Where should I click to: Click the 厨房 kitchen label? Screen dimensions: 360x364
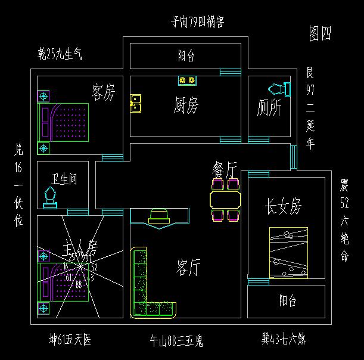186,106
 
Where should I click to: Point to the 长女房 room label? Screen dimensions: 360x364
283,207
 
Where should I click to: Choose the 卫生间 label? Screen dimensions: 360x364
63,179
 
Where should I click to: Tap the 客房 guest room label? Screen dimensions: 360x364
103,92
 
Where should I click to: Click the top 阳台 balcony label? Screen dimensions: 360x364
186,57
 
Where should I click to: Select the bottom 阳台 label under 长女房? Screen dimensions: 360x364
288,300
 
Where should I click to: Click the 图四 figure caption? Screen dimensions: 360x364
320,34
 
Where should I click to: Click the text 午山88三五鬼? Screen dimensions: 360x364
176,342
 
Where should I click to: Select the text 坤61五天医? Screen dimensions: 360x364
70,340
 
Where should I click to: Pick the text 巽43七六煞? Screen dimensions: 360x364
283,340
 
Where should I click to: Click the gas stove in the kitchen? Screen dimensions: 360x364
187,80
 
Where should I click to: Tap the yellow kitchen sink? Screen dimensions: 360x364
136,104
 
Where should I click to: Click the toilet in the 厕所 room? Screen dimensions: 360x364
279,89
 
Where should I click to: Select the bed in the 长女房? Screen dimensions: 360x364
288,252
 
